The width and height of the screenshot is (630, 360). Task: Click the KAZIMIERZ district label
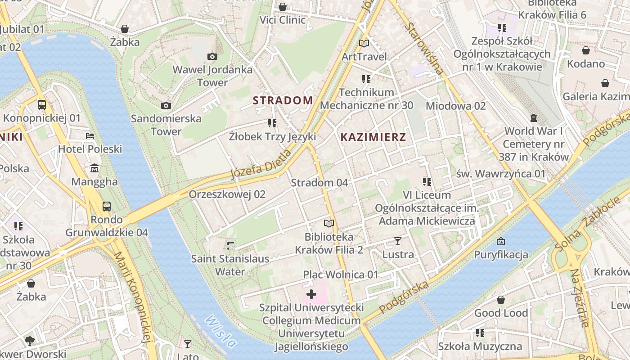pos(373,137)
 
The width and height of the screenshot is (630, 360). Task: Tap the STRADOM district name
pos(283,100)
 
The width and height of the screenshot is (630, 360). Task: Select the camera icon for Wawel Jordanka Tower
pos(212,56)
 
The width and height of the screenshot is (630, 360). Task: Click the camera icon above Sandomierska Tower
pos(166,105)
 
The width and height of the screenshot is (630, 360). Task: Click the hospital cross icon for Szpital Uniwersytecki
pos(311,295)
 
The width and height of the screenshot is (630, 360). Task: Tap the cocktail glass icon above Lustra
pos(398,241)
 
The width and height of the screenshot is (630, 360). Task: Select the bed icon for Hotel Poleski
pos(90,135)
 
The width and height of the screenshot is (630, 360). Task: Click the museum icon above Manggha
pos(94,168)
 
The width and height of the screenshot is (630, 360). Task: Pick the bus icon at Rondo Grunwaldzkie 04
pos(107,206)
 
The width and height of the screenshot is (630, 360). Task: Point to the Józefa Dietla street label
pos(261,165)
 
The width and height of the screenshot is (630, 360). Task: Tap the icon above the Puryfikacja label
pos(500,241)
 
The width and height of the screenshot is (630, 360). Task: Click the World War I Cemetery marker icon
pos(534,118)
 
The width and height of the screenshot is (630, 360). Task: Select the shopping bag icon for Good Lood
pos(500,300)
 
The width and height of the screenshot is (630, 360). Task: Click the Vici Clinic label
pos(283,20)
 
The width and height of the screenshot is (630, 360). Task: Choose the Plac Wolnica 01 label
pos(341,274)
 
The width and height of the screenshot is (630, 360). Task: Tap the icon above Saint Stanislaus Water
pos(230,245)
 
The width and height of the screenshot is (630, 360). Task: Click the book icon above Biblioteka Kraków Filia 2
pos(329,223)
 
